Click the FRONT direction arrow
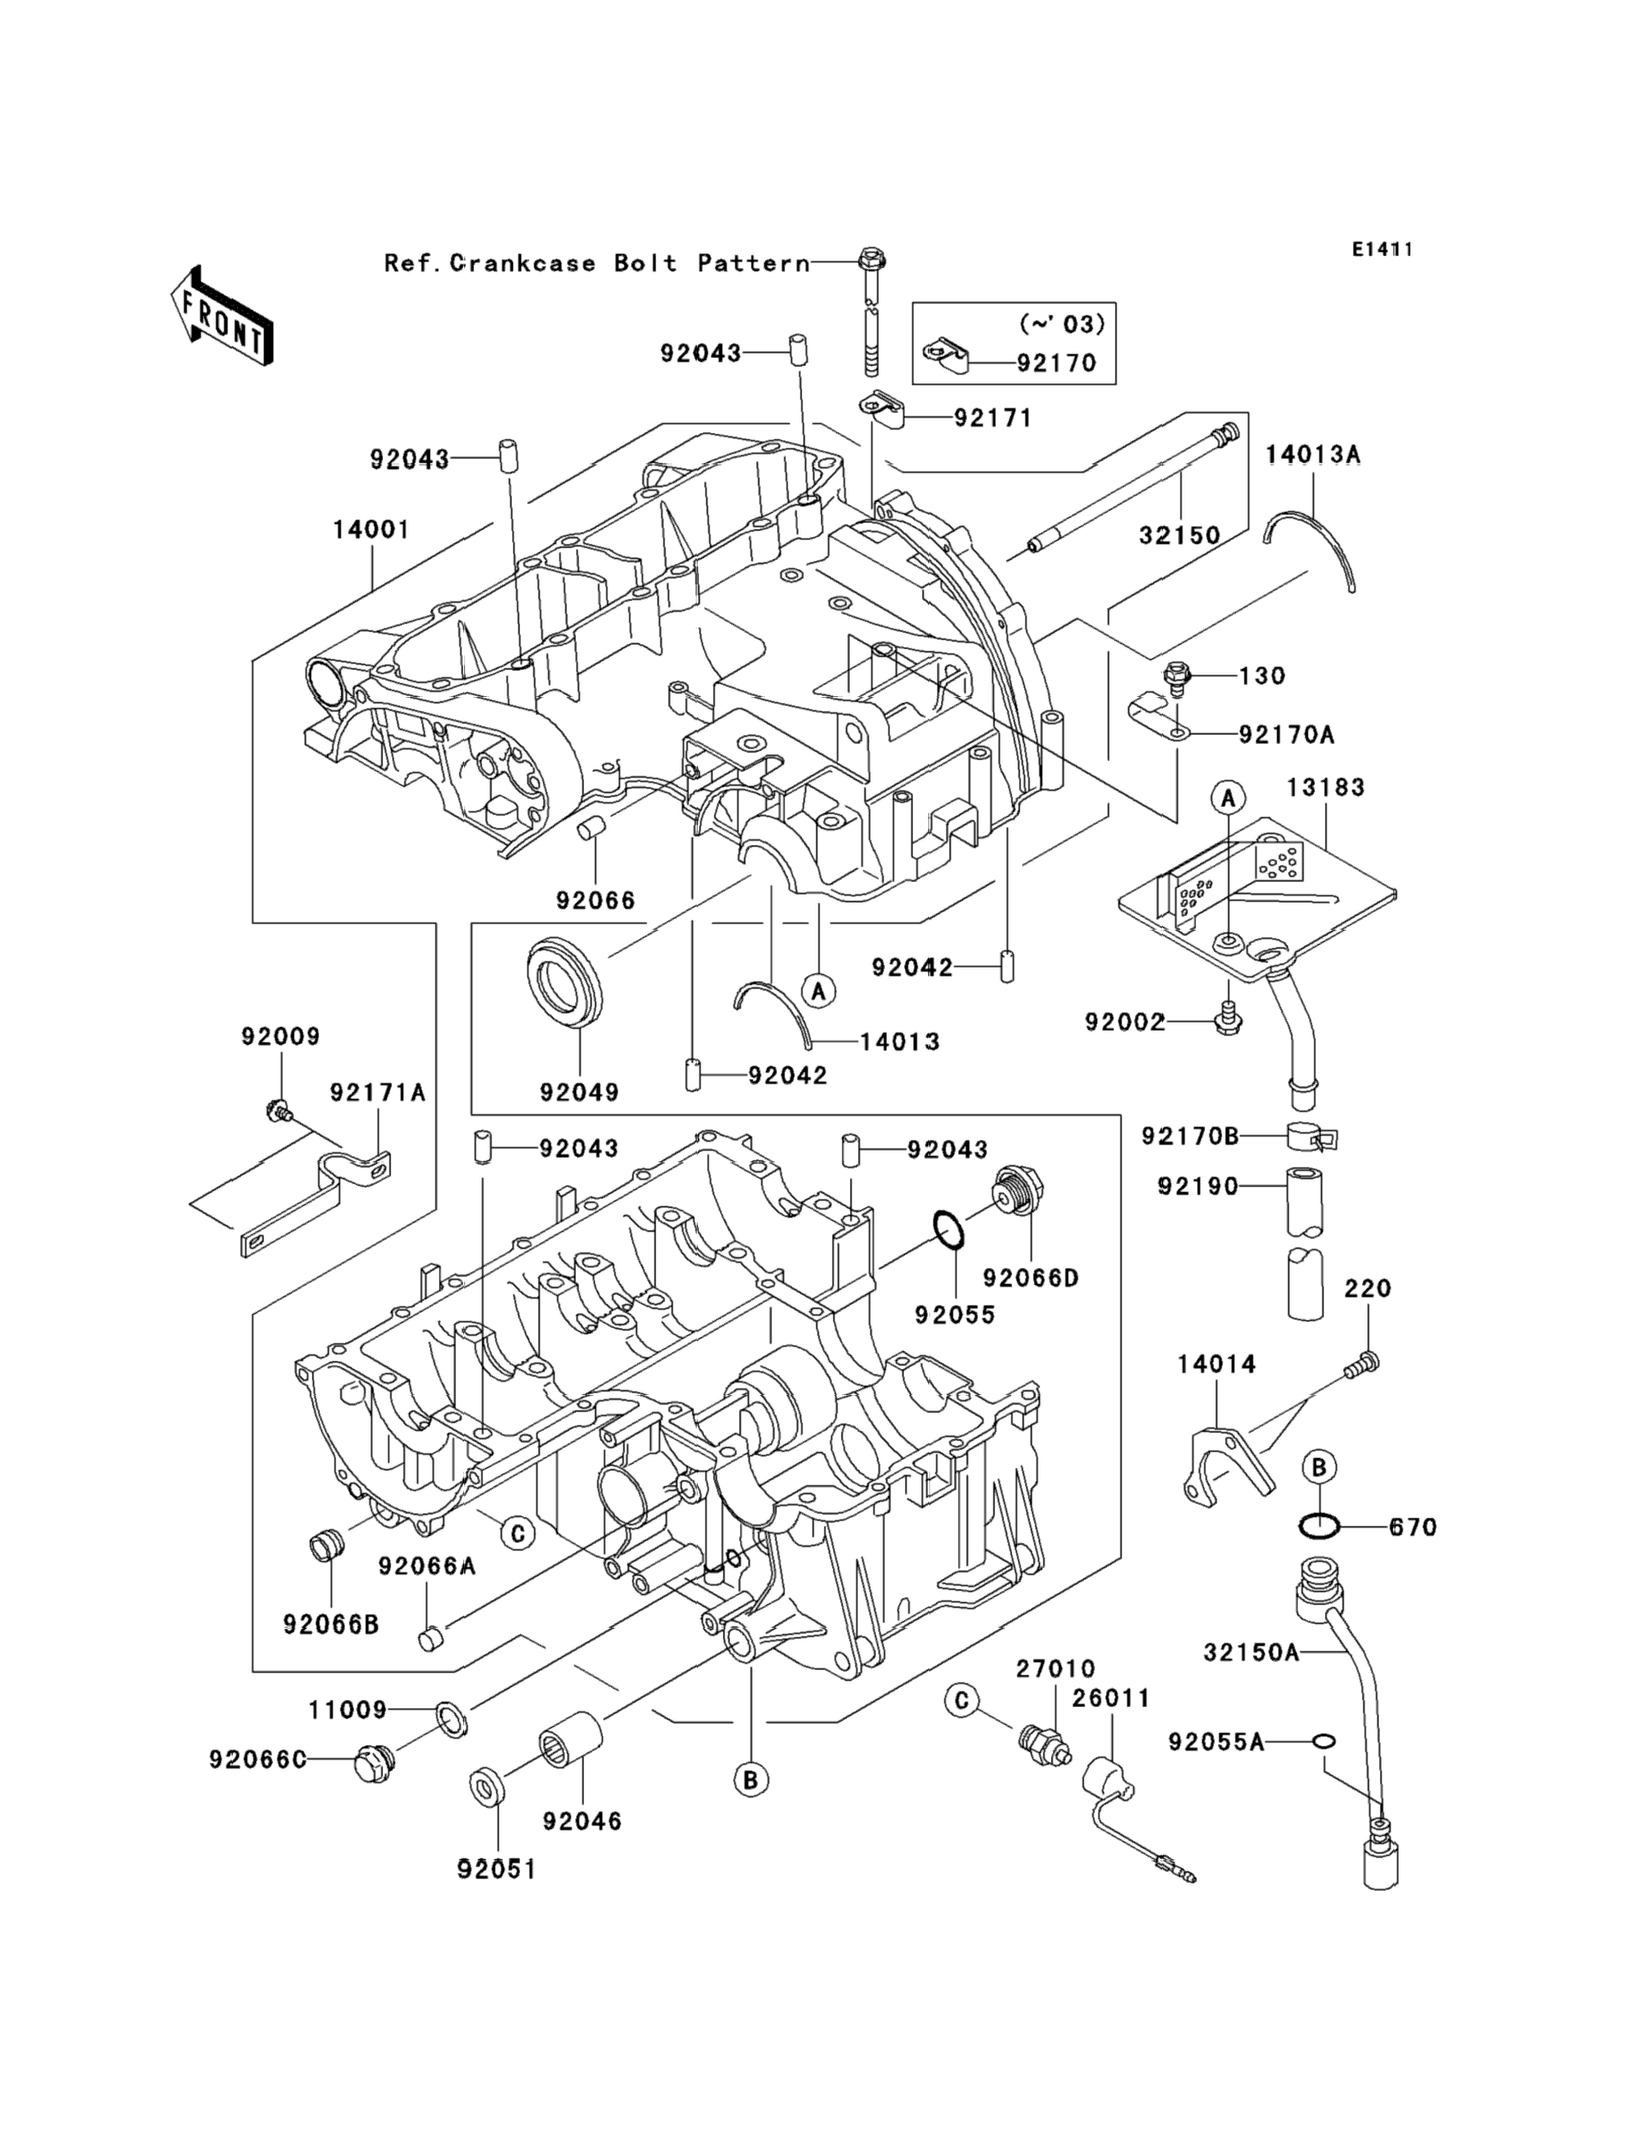point(221,317)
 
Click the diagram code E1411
point(1382,250)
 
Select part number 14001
point(371,529)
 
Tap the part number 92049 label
point(580,1092)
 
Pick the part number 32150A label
point(1251,1653)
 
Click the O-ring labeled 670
point(1319,1527)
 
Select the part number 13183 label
point(1325,787)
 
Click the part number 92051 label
point(497,1868)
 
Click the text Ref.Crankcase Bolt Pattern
point(596,263)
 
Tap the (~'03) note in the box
point(1062,324)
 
